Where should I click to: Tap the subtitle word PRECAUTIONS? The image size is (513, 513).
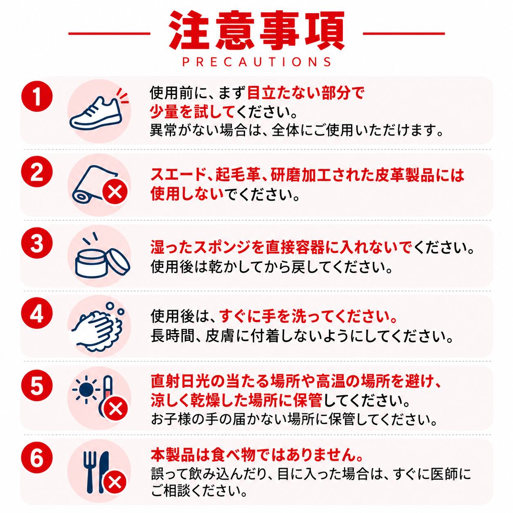tap(257, 61)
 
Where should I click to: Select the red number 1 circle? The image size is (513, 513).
tap(37, 97)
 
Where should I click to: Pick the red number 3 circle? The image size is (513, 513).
tap(37, 244)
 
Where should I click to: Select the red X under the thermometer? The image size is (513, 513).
tap(115, 409)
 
